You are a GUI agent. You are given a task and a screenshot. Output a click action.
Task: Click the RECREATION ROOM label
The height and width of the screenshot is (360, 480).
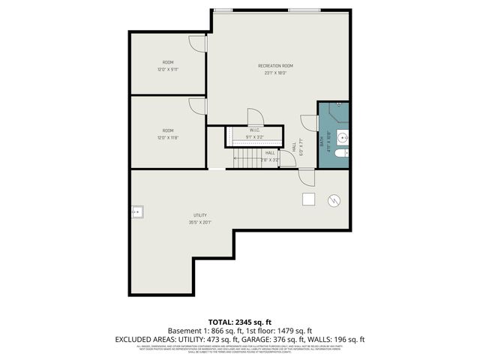(x=275, y=66)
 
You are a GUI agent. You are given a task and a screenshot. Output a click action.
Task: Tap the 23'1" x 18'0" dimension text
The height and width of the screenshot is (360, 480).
(x=275, y=73)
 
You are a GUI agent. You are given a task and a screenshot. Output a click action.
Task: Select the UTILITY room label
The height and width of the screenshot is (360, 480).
(x=199, y=215)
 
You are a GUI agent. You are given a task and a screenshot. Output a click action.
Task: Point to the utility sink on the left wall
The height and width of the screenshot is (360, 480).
(x=136, y=212)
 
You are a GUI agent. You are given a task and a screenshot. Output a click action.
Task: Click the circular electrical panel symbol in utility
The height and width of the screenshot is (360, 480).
(x=334, y=201)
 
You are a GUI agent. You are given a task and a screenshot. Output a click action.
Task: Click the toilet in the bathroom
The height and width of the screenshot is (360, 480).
(x=341, y=153)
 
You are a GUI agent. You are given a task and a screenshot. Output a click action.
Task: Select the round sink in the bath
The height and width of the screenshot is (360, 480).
(x=342, y=137)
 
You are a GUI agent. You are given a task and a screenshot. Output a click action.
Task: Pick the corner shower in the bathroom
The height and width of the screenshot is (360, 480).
(x=337, y=112)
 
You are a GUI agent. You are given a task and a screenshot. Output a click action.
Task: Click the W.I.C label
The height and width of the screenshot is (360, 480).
(x=254, y=130)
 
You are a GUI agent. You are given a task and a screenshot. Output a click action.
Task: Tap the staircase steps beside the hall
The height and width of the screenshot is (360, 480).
(x=246, y=157)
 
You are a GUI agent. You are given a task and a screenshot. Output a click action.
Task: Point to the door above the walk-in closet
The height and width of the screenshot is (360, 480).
(x=255, y=116)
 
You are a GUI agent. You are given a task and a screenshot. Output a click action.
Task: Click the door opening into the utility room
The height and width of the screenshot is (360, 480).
(x=306, y=177)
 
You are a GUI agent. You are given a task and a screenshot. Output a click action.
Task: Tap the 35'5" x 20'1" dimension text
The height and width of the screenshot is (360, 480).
(x=199, y=223)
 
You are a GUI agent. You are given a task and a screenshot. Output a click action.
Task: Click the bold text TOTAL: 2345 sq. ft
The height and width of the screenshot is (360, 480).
(x=239, y=322)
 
